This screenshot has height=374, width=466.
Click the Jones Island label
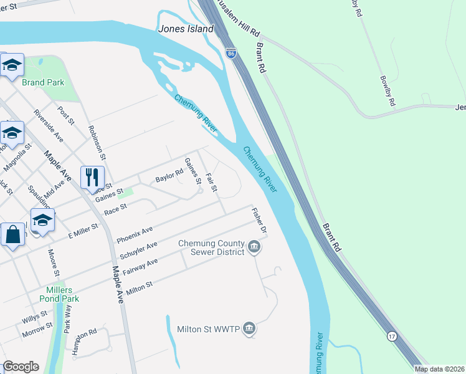pyautogui.click(x=186, y=29)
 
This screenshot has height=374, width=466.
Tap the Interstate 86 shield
pyautogui.click(x=231, y=54)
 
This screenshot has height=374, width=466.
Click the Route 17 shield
pyautogui.click(x=391, y=336)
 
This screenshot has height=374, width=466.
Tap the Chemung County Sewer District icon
pyautogui.click(x=254, y=247)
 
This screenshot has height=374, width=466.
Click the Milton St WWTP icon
pyautogui.click(x=249, y=328)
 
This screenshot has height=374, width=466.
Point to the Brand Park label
pyautogui.click(x=43, y=82)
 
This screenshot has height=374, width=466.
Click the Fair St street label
pyautogui.click(x=211, y=182)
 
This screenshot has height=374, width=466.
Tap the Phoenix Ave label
pyautogui.click(x=135, y=235)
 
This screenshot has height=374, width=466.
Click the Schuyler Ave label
pyautogui.click(x=138, y=251)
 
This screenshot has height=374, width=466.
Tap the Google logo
pyautogui.click(x=21, y=367)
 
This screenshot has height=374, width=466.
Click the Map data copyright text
pyautogui.click(x=439, y=369)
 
